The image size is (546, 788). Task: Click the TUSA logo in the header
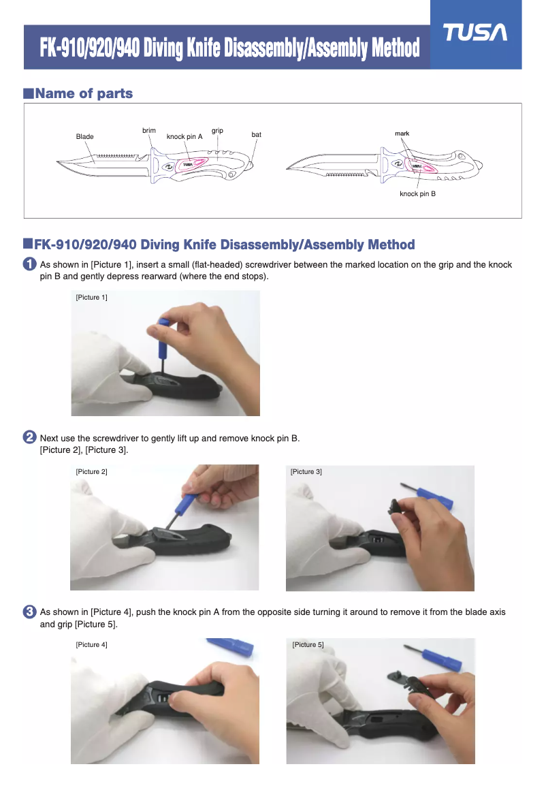[x=475, y=33]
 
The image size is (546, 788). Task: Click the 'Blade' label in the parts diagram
[x=85, y=137]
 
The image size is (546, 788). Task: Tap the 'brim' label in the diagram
[x=149, y=131]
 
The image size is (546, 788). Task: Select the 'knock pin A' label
[x=184, y=137]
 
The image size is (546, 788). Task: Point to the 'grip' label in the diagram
[x=217, y=131]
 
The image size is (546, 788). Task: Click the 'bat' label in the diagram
[x=256, y=135]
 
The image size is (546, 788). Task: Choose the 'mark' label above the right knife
[x=402, y=133]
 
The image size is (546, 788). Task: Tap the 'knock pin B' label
[x=417, y=194]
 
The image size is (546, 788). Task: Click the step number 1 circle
[x=30, y=264]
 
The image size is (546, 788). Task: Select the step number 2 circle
[x=30, y=437]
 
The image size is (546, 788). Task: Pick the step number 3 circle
[x=30, y=612]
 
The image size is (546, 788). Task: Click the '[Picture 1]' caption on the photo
[x=91, y=298]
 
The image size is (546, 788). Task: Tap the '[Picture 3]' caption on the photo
[x=306, y=472]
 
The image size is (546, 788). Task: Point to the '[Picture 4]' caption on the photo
[x=91, y=645]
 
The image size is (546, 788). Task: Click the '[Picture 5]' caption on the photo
[x=308, y=645]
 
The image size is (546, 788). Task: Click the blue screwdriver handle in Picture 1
[x=164, y=336]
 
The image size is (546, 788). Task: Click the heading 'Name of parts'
[x=84, y=93]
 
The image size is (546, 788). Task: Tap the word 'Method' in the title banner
[x=396, y=48]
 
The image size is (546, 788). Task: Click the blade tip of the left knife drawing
[x=57, y=162]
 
